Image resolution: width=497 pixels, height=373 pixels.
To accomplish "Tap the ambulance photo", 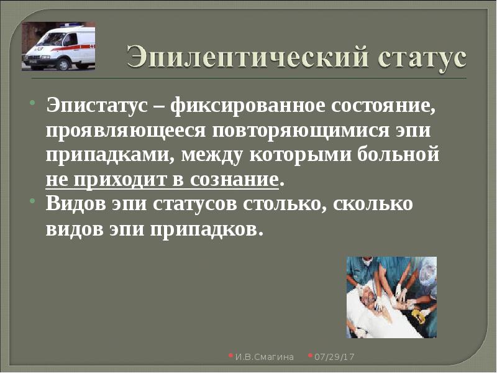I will pyautogui.click(x=58, y=47).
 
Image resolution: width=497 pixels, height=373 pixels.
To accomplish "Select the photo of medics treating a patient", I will pyautogui.click(x=391, y=297).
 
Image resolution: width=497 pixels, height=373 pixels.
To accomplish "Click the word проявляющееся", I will pyautogui.click(x=123, y=132).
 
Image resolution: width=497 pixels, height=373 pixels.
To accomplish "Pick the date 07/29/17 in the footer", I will pyautogui.click(x=333, y=357).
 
